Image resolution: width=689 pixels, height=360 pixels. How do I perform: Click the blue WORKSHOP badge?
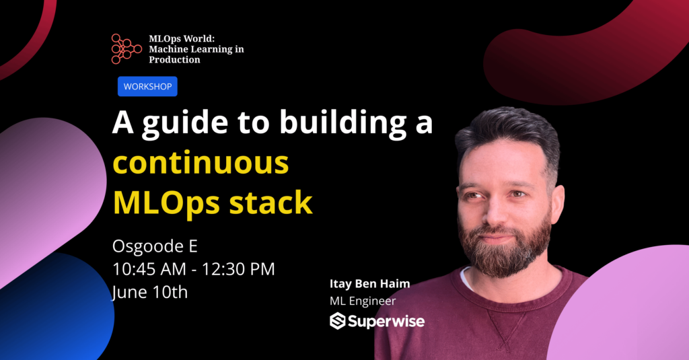point(147,86)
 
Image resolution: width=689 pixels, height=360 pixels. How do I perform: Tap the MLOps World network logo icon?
point(126,49)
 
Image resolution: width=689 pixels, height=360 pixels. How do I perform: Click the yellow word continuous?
point(201,163)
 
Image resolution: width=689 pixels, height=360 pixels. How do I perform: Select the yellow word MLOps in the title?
point(167,203)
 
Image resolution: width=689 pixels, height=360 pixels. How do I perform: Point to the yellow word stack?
point(270,202)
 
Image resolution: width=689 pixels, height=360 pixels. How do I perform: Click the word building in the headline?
point(343,122)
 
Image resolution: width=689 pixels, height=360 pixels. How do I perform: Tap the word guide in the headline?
point(185,124)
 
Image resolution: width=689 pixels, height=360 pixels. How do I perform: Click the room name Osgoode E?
point(155,246)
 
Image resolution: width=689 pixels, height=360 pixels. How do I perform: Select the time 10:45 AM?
point(149,269)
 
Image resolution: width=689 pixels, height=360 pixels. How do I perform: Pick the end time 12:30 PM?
point(238,269)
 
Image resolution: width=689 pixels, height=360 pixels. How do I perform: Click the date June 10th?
point(150,292)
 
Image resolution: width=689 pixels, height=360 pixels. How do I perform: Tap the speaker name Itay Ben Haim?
point(369,284)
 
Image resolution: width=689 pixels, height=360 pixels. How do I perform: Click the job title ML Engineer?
point(363,301)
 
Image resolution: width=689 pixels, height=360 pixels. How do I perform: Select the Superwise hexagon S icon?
point(338,321)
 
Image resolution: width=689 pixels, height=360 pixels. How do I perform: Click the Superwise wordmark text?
point(386,322)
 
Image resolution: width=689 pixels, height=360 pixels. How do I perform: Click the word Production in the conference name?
point(174,60)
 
